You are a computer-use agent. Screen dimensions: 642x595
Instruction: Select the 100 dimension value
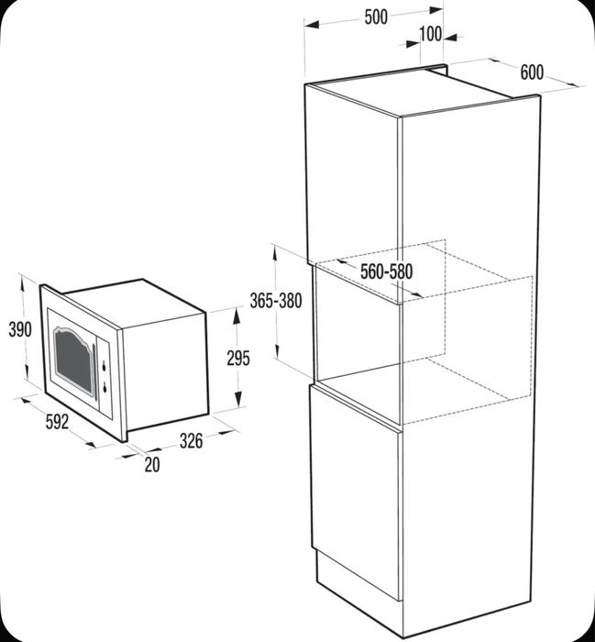click(429, 35)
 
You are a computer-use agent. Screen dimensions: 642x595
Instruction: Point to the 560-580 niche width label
click(386, 271)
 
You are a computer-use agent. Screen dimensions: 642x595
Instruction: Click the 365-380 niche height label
click(276, 300)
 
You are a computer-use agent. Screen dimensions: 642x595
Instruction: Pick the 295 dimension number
click(237, 359)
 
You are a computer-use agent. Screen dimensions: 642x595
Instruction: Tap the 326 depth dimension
click(191, 441)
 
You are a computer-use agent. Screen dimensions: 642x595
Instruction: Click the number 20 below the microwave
click(151, 465)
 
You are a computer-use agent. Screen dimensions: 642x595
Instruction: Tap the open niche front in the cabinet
click(358, 326)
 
